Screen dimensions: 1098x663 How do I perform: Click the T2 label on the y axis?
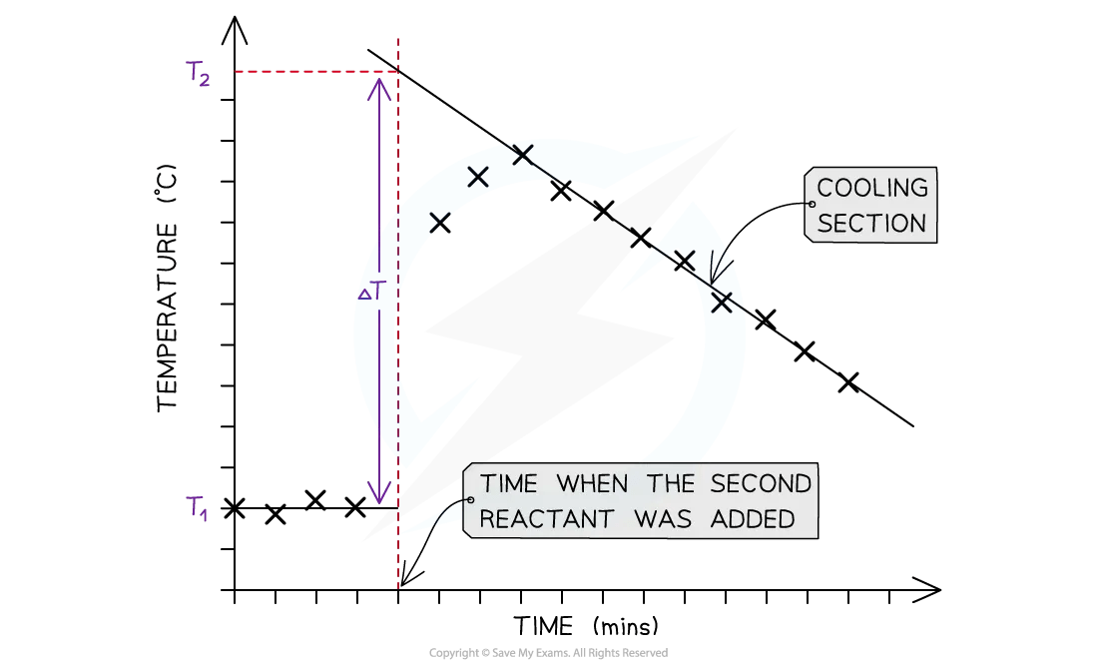pos(198,75)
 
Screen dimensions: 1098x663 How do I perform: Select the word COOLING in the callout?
pos(872,188)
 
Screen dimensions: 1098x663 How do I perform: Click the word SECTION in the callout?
pos(872,223)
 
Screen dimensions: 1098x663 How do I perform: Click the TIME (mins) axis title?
pos(586,627)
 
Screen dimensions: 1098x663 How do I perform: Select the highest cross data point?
pos(522,155)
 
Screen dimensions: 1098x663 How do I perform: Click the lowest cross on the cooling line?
pos(848,382)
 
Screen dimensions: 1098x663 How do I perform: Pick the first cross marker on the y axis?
pos(234,508)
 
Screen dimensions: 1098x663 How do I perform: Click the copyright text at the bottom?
pos(548,652)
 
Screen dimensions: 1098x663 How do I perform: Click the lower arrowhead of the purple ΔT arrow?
pos(377,494)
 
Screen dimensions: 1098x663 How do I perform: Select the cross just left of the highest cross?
pos(478,178)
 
